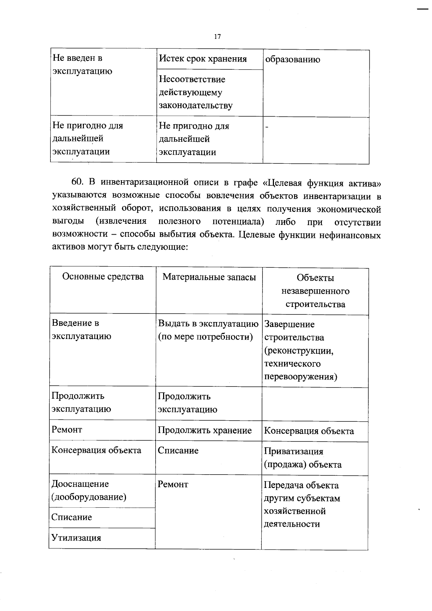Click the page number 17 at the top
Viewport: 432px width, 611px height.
217,37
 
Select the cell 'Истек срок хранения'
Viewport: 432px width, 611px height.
203,59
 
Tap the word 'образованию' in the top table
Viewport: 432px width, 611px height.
292,60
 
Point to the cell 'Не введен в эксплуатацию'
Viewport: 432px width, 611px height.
82,64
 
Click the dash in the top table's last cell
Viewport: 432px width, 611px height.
267,126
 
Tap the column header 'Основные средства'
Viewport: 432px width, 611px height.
103,276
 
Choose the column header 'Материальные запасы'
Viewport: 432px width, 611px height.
209,277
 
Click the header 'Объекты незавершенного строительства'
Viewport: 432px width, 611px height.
315,291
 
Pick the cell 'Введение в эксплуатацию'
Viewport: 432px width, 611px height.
81,330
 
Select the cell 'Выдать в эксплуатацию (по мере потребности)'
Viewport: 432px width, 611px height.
208,330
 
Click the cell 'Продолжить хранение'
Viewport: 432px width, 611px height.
204,430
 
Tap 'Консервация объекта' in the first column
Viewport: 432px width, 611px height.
96,450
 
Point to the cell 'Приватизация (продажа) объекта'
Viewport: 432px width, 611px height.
303,458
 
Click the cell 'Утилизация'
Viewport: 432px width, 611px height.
76,538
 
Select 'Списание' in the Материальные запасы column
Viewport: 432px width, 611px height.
178,451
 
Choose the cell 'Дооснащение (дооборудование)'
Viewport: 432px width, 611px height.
89,490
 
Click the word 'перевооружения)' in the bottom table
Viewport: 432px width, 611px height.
301,377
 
